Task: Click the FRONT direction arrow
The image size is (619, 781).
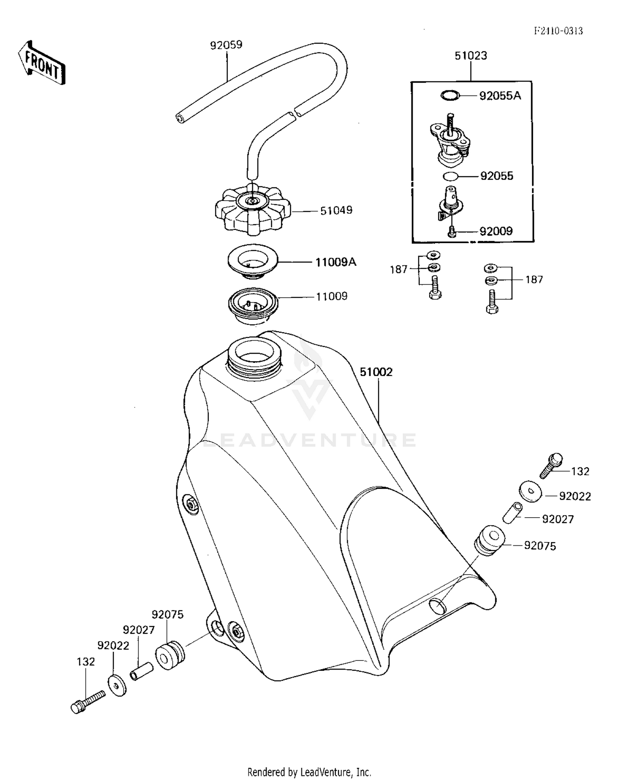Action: (42, 63)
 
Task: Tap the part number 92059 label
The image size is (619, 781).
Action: (226, 45)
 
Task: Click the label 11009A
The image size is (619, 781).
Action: (335, 262)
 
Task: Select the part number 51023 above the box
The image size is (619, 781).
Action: (470, 55)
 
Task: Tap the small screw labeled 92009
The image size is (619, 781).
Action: (451, 232)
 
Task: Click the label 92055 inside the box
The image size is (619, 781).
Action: (496, 176)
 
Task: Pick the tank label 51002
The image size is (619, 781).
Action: (376, 372)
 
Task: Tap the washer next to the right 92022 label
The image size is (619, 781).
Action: (530, 491)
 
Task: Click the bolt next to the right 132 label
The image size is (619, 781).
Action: (551, 466)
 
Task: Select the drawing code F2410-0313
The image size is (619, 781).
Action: (558, 31)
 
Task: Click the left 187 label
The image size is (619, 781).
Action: (398, 270)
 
